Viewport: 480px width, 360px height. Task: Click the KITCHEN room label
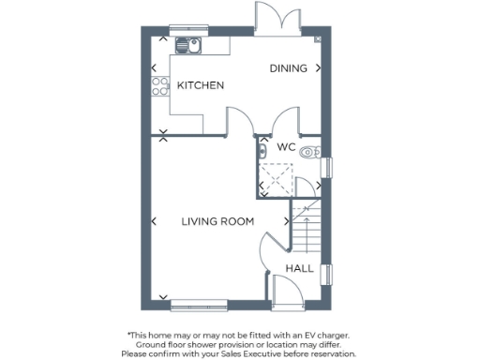pyautogui.click(x=201, y=85)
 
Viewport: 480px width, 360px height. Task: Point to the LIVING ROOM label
pyautogui.click(x=218, y=222)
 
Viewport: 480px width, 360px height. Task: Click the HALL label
pyautogui.click(x=299, y=268)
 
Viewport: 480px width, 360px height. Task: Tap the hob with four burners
pyautogui.click(x=157, y=86)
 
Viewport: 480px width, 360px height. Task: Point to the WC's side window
pyautogui.click(x=328, y=167)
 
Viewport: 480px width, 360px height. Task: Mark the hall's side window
pyautogui.click(x=328, y=270)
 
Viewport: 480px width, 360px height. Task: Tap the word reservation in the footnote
pyautogui.click(x=332, y=353)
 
